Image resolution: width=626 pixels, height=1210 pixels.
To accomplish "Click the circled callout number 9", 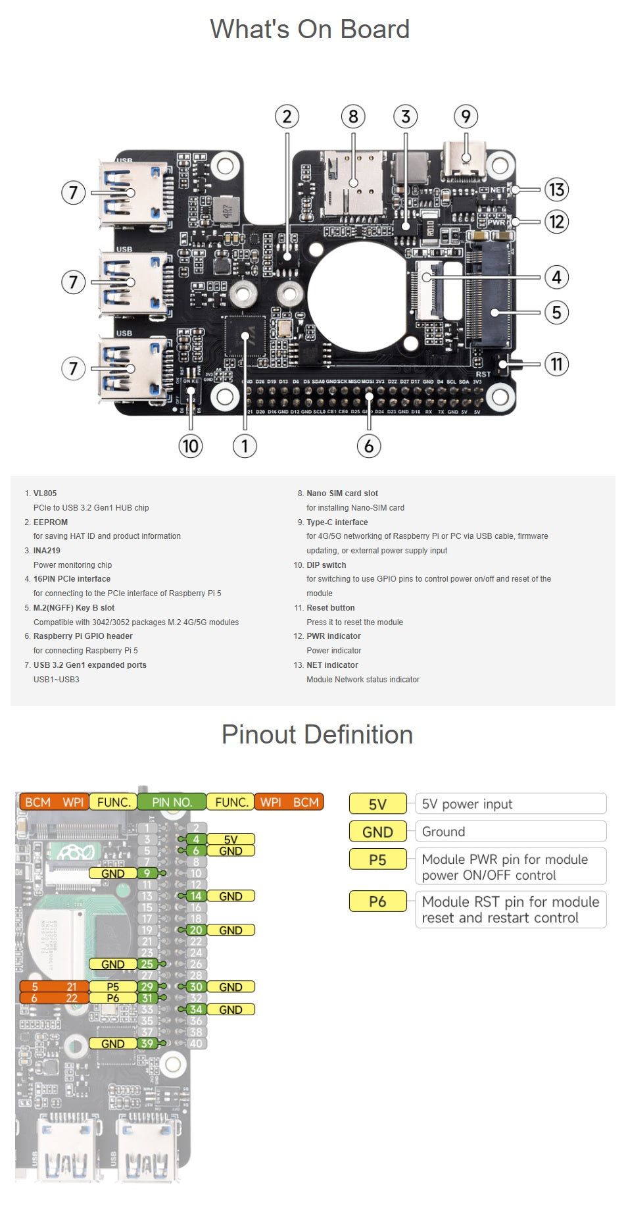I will tap(466, 117).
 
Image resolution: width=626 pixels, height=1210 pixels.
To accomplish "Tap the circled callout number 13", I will tap(556, 189).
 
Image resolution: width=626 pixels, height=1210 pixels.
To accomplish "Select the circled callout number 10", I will tap(190, 446).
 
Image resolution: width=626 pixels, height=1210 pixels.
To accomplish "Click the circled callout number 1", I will tap(245, 446).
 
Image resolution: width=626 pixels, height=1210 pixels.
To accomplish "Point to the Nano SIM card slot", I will tap(354, 183).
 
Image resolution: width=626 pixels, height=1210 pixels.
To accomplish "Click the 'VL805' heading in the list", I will tap(45, 493).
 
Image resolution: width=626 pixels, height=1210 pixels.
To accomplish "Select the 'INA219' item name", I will tap(47, 551).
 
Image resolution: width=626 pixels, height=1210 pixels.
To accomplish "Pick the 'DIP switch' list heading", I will tap(326, 565).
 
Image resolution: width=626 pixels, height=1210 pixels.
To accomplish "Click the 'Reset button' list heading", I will tap(330, 608).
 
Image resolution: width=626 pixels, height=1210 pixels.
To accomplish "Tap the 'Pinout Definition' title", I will tap(317, 735).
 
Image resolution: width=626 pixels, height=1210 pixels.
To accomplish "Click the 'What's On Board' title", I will tap(310, 30).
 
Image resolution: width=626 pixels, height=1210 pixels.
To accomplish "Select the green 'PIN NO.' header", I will tap(172, 802).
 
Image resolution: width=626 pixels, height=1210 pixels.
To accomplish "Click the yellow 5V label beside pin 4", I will tap(231, 840).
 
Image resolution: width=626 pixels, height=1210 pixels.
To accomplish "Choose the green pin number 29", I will tap(146, 987).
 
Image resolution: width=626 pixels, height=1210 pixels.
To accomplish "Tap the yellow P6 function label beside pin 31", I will tap(113, 998).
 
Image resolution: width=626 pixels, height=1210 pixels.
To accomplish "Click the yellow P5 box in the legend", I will tap(377, 860).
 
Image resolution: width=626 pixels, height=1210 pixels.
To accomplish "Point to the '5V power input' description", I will tap(467, 804).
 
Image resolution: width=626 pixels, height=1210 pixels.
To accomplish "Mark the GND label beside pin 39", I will tap(113, 1044).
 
